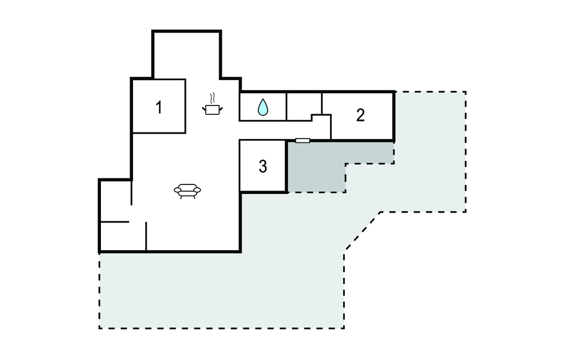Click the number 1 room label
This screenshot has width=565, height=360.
(x=158, y=108)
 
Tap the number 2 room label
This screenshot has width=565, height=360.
(x=360, y=115)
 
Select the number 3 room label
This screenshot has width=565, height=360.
(x=263, y=166)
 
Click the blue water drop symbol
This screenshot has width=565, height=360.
(x=263, y=107)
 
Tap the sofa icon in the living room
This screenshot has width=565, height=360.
(x=188, y=191)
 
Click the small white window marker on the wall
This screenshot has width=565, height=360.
(x=303, y=140)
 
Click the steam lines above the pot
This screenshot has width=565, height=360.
(x=212, y=98)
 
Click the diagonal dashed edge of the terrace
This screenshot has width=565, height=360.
(x=363, y=230)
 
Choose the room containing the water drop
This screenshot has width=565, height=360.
(x=263, y=107)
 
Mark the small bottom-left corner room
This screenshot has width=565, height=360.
(x=122, y=236)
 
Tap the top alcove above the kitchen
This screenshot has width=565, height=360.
(x=186, y=55)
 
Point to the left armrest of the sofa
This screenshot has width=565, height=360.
(x=177, y=190)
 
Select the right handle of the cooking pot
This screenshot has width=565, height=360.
(x=221, y=109)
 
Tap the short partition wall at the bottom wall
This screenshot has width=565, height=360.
(x=146, y=236)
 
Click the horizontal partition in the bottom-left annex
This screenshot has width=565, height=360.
(x=115, y=221)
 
